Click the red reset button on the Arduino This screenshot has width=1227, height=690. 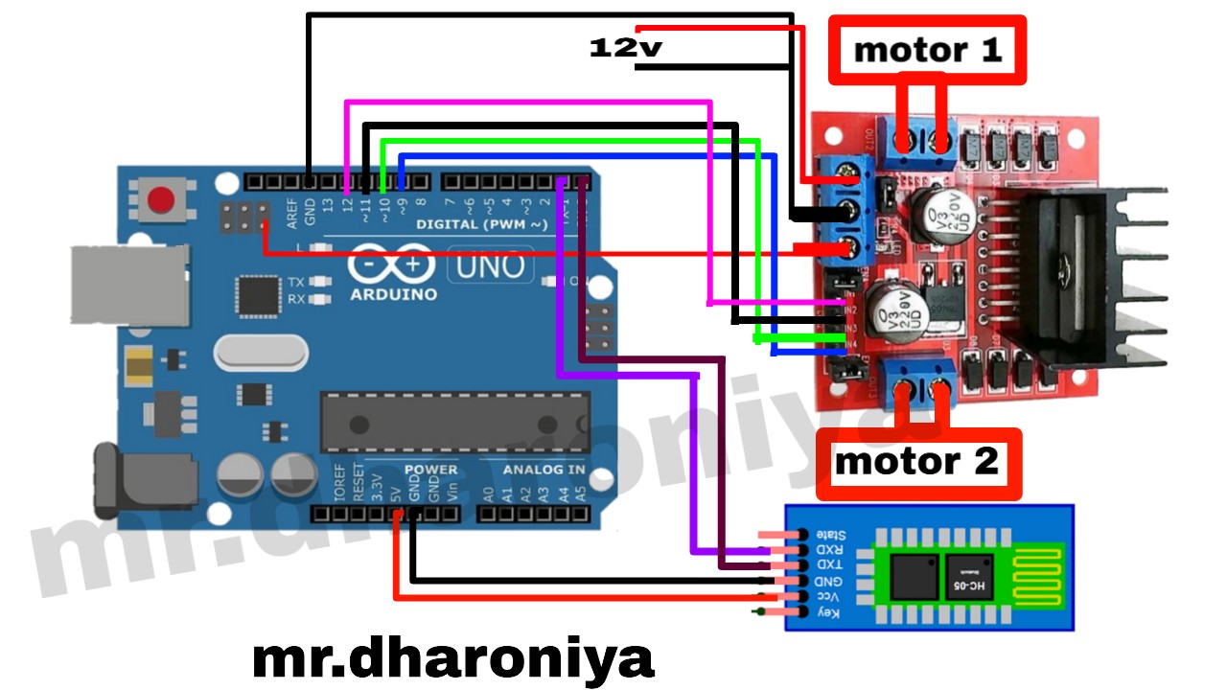[161, 200]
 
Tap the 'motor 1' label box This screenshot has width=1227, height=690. [927, 49]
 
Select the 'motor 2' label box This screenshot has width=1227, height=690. [917, 463]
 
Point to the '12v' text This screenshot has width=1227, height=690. [625, 46]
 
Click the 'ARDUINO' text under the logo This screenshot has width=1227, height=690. [393, 294]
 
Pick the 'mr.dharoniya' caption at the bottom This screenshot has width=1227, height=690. [453, 659]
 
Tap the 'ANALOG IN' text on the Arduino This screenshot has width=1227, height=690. [544, 471]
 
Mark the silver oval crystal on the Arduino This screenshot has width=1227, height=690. [260, 352]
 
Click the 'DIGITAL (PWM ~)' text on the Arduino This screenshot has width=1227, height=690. [482, 224]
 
